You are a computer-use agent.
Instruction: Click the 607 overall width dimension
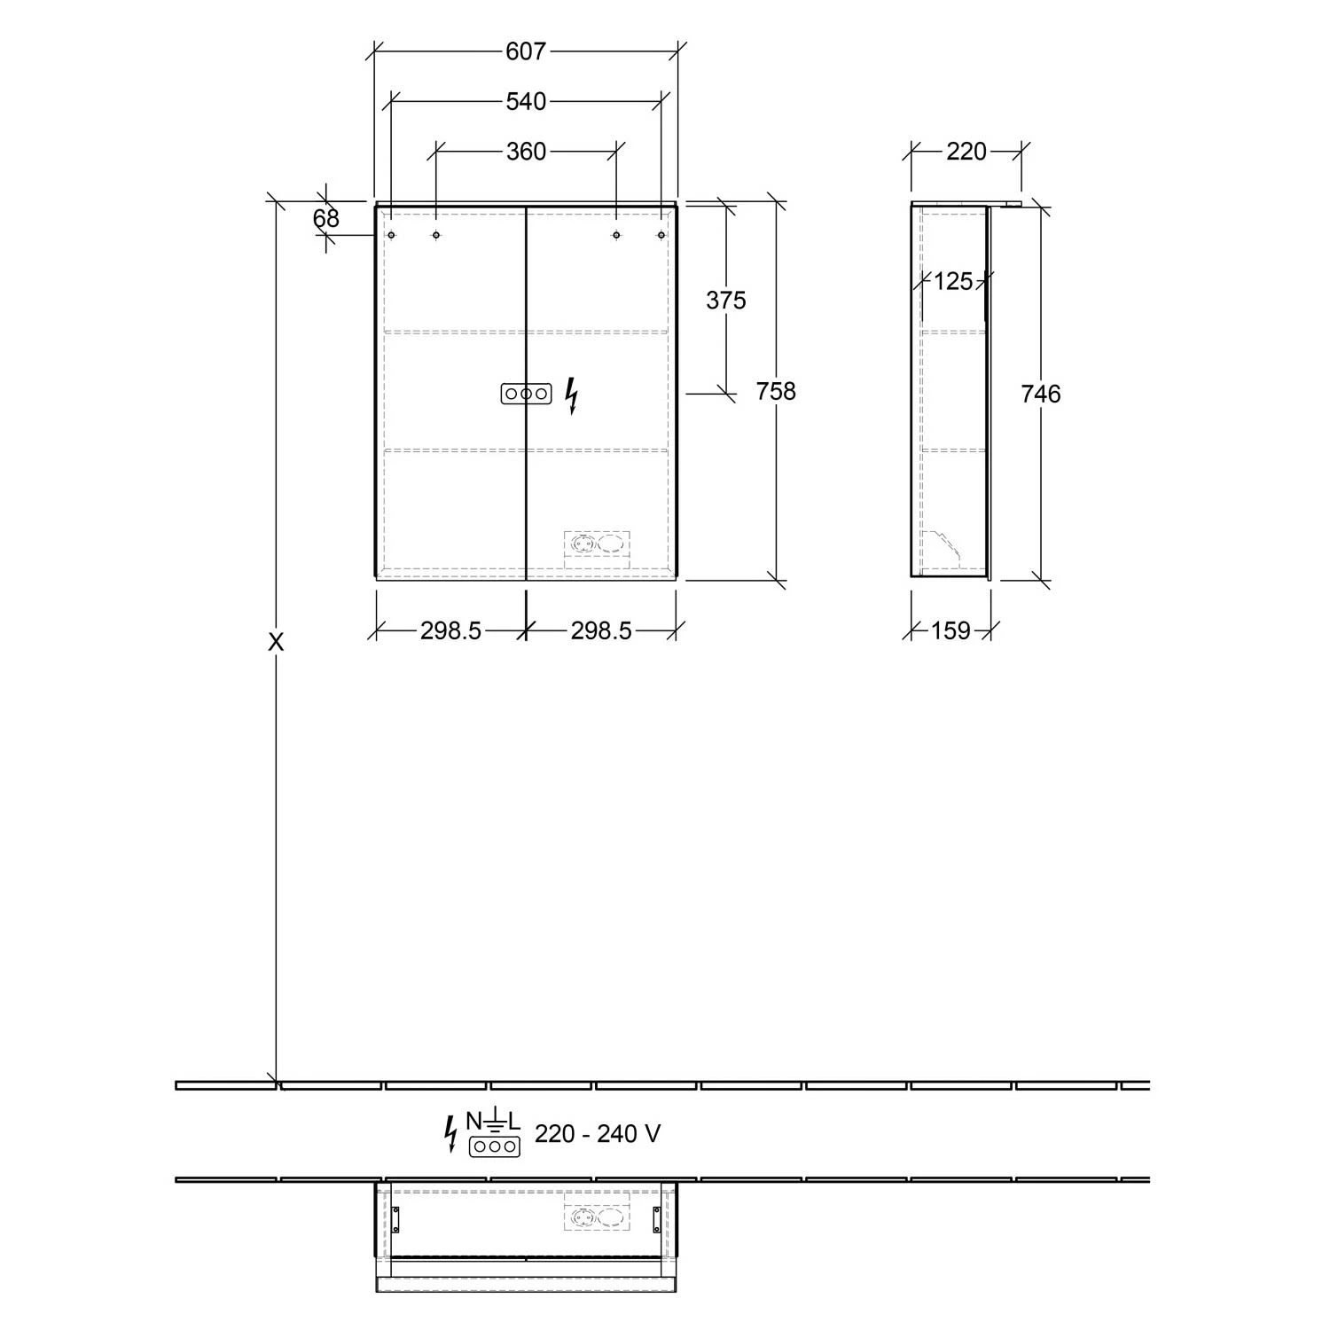click(x=526, y=51)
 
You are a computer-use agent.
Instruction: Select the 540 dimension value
click(x=526, y=102)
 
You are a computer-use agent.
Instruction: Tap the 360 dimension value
click(x=526, y=153)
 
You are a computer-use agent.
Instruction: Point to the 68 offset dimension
click(x=325, y=218)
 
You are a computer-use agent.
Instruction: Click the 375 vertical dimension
click(x=725, y=301)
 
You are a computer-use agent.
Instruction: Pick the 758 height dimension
click(x=776, y=391)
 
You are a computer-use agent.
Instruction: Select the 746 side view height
click(x=1040, y=394)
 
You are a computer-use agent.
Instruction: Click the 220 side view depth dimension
click(x=966, y=153)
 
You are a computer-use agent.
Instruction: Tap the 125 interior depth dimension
click(x=953, y=282)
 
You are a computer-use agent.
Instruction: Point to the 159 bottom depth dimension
click(x=951, y=631)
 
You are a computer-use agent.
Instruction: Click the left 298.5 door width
click(x=450, y=630)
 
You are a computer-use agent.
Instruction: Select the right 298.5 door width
click(x=601, y=630)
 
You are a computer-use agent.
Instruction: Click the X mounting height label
click(x=277, y=642)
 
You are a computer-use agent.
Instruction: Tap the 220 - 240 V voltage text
click(x=598, y=1133)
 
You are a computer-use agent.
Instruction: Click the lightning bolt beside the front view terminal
click(x=572, y=395)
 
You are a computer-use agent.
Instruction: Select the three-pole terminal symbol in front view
click(x=526, y=394)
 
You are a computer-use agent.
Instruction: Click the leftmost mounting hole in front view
click(x=391, y=235)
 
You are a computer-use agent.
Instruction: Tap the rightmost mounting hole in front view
click(x=661, y=235)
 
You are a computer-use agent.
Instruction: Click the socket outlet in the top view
click(x=597, y=1217)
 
